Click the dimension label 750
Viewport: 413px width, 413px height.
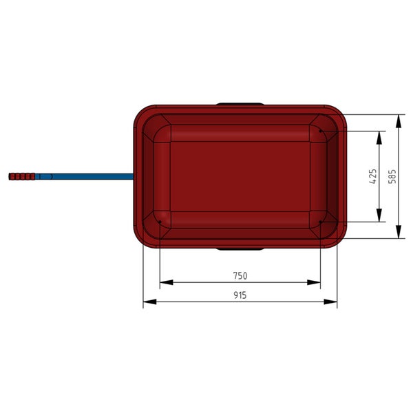coord(240,276)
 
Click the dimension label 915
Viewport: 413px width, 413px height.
coord(240,295)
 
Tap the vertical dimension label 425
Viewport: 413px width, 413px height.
coord(372,176)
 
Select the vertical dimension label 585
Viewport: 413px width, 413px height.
coord(392,176)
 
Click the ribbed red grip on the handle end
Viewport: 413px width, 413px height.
coord(22,176)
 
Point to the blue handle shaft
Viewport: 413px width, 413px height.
coord(85,176)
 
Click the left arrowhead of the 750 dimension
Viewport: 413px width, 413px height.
coord(166,282)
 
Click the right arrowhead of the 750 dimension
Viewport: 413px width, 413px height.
coord(314,282)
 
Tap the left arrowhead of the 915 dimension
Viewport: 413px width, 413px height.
coord(149,302)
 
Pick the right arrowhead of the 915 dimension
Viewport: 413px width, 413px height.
coord(330,302)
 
